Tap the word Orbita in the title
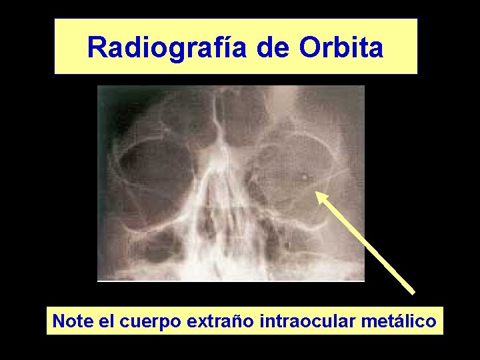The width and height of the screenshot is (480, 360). [341, 47]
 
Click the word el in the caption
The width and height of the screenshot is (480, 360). [107, 321]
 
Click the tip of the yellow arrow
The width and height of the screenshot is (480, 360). [317, 193]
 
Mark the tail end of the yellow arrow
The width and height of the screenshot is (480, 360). [413, 292]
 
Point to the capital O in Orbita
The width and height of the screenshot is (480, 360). [311, 47]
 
